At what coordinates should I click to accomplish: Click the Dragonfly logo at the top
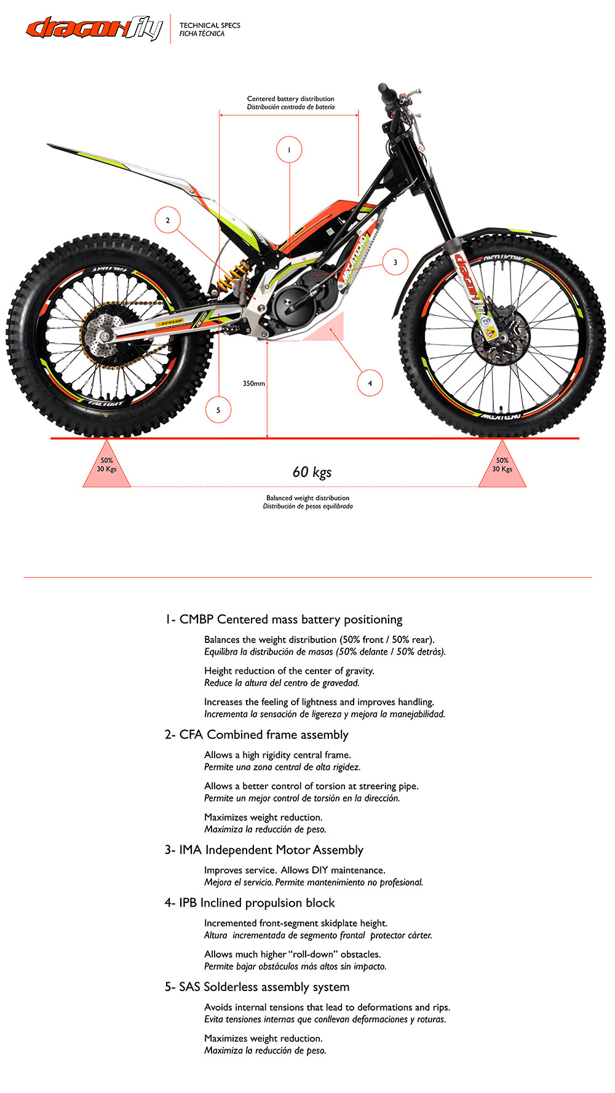(x=94, y=28)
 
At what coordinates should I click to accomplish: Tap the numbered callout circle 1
(x=289, y=149)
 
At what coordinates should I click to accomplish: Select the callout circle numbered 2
(x=167, y=220)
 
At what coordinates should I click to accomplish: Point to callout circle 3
(x=395, y=262)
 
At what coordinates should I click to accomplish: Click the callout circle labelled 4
(x=370, y=383)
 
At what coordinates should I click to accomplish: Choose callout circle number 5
(x=218, y=410)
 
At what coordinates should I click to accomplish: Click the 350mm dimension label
(x=253, y=384)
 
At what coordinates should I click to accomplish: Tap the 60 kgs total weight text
(x=312, y=472)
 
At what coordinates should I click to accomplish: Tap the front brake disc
(x=499, y=337)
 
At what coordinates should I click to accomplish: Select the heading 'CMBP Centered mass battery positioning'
(x=284, y=619)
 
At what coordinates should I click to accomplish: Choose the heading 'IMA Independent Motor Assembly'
(x=264, y=850)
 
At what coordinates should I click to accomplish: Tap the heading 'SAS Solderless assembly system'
(x=257, y=987)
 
